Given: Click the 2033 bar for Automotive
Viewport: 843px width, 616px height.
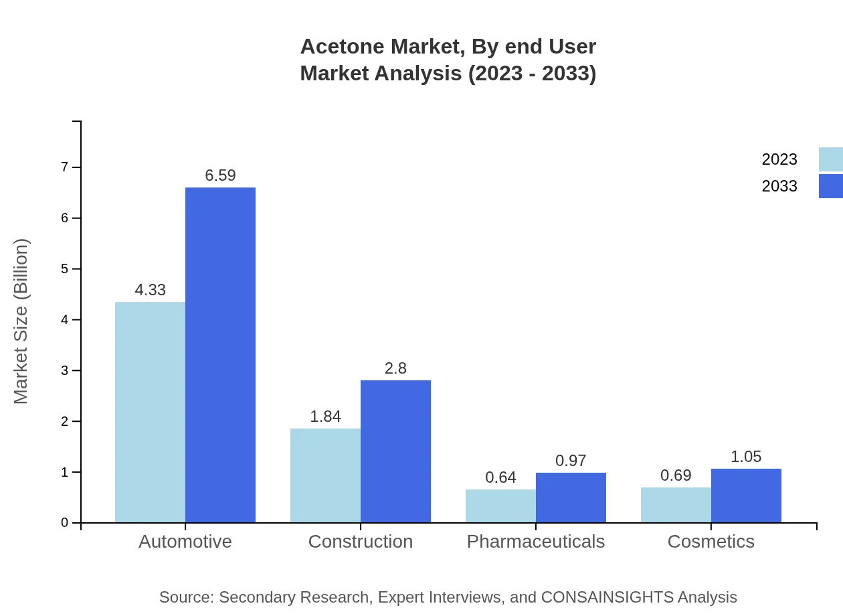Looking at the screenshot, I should [x=220, y=355].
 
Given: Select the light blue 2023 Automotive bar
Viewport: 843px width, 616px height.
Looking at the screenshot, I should [x=150, y=412].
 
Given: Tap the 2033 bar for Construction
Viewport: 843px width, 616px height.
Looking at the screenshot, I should [x=395, y=451].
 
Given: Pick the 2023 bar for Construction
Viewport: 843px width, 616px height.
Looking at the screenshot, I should [x=325, y=475].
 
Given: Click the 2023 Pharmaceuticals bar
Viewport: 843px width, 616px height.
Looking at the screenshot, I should [x=500, y=506].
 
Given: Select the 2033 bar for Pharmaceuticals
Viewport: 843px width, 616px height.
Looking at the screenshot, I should [x=571, y=497].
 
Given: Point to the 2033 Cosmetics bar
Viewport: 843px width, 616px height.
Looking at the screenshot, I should [x=746, y=495].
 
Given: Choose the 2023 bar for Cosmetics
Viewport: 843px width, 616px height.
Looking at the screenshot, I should [x=676, y=505].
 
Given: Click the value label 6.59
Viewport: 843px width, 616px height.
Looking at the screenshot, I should [x=220, y=175].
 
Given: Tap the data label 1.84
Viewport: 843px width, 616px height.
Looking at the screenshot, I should [x=325, y=416].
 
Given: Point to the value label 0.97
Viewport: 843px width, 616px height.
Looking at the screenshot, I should [x=571, y=461].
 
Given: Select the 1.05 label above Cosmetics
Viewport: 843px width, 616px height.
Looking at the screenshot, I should [x=746, y=457].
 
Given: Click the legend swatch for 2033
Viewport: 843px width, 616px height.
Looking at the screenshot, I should [x=830, y=186].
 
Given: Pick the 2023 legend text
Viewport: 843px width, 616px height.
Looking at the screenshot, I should [x=779, y=159].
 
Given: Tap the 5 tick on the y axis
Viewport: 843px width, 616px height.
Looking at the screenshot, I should [x=65, y=269].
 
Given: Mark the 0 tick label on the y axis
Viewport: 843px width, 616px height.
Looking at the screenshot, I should [x=65, y=523].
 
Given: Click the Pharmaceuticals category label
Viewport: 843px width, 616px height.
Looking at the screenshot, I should [x=535, y=541].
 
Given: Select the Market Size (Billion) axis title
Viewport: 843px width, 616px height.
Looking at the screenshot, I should [x=21, y=321].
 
